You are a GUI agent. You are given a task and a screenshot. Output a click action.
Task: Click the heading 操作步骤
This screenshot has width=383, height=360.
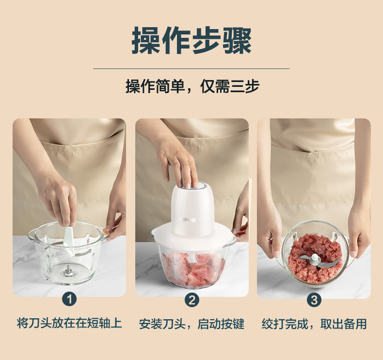point(191,41)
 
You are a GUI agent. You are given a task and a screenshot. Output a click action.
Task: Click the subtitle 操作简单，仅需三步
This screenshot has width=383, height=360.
point(192,86)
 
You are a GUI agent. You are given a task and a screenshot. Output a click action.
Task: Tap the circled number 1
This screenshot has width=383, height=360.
point(69,299)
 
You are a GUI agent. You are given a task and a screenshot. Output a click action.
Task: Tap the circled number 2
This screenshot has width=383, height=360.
point(192,300)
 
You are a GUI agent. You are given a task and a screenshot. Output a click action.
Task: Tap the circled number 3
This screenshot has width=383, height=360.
point(314,300)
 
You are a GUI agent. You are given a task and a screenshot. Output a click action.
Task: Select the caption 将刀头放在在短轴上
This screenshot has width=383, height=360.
point(69,323)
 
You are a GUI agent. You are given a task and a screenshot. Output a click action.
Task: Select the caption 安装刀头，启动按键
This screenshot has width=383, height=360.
point(192,324)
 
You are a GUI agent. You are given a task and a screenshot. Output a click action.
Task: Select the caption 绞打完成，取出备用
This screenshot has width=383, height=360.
point(314,324)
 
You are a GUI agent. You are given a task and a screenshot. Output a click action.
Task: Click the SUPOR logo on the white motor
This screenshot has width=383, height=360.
point(187,220)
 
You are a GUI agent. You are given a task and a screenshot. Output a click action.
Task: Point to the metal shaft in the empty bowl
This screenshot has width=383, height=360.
point(68,270)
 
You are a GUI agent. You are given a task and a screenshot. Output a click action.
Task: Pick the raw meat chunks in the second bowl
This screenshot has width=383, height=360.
point(193,268)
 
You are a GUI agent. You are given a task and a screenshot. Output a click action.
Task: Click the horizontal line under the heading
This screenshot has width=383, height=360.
point(191,69)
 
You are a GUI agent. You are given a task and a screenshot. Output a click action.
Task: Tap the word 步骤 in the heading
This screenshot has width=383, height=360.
point(222,41)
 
